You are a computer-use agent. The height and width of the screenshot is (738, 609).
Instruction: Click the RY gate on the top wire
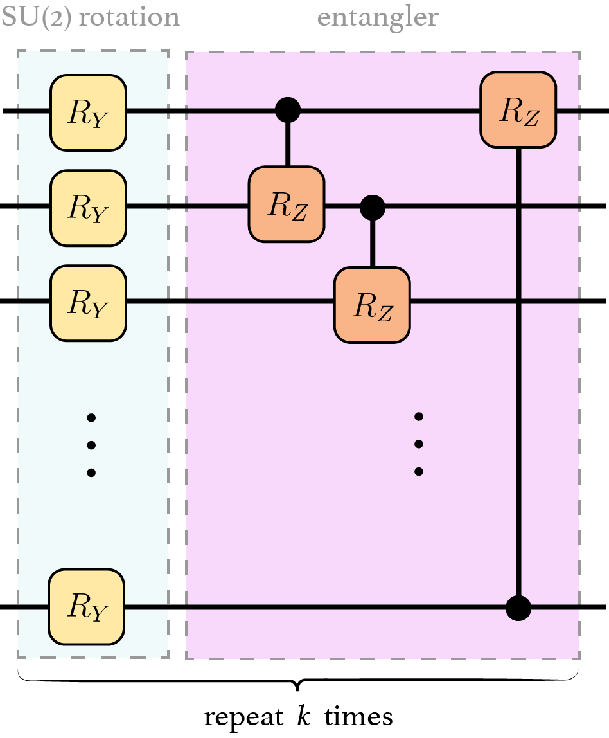pos(88,112)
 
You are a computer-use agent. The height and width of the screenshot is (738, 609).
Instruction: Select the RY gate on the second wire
pos(88,207)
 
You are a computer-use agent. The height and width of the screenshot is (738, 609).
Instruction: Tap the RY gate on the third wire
pos(88,303)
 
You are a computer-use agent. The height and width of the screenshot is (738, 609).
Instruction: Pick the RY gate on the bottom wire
pos(88,606)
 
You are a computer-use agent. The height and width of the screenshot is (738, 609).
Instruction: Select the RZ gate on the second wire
pos(287,204)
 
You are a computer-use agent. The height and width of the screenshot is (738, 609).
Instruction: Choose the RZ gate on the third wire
pos(372,303)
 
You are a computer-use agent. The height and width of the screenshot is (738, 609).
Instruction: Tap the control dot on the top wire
pos(287,110)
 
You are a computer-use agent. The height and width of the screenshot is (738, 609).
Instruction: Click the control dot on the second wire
pos(372,207)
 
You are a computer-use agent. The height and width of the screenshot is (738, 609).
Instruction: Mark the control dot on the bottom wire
pos(518,607)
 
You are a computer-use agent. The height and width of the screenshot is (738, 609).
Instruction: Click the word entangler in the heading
pos(378,17)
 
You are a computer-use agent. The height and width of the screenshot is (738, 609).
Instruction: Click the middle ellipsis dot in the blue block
pos(91,445)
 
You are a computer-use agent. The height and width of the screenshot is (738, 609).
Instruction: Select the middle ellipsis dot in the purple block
pos(419,444)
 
